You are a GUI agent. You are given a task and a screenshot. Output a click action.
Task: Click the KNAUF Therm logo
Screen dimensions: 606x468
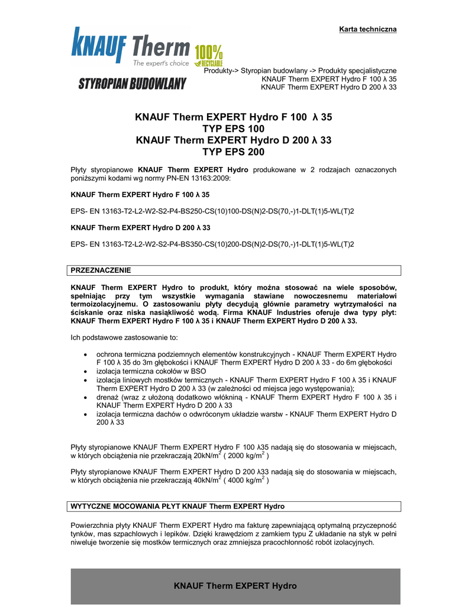pyautogui.click(x=130, y=47)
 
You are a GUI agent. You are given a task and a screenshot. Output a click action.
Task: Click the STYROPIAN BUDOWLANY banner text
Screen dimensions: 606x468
pyautogui.click(x=132, y=83)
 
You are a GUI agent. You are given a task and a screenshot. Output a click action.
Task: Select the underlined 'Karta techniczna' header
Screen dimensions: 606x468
pyautogui.click(x=367, y=29)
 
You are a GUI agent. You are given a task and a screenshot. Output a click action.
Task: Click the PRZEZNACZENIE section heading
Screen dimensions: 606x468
pyautogui.click(x=101, y=270)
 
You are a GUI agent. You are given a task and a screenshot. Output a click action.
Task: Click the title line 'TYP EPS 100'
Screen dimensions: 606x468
pyautogui.click(x=234, y=128)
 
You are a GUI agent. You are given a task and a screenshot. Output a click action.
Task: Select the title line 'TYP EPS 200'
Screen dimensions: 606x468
pyautogui.click(x=234, y=151)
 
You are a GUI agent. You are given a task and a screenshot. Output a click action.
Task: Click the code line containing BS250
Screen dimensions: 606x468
pyautogui.click(x=212, y=211)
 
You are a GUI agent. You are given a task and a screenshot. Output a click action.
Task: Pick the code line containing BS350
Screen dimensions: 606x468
pyautogui.click(x=212, y=244)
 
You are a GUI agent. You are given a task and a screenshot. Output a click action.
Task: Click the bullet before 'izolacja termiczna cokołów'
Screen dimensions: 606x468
pyautogui.click(x=86, y=371)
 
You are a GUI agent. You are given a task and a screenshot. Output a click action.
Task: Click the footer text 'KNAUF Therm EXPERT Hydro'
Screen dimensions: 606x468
pyautogui.click(x=235, y=586)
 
